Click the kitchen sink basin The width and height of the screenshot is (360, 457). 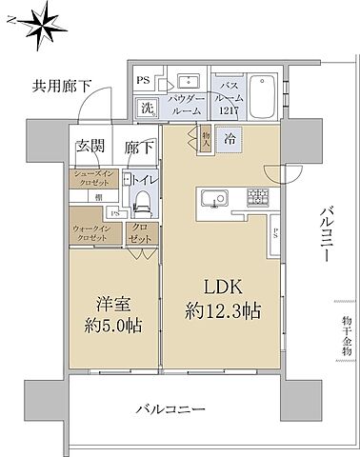[213, 198]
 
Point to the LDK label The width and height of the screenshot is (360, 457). [223, 287]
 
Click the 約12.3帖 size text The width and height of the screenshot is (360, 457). [223, 311]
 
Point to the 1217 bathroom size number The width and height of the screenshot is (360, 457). [229, 110]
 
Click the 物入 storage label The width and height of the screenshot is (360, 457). [208, 137]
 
